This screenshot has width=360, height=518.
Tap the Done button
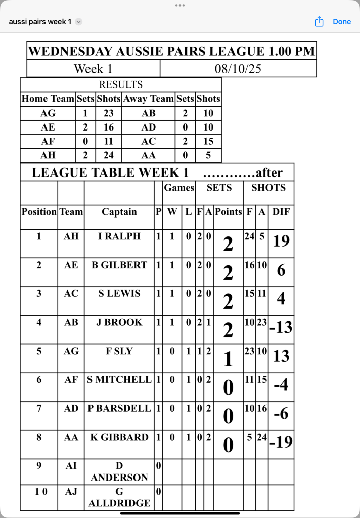[342, 22]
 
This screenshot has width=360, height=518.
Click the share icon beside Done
[319, 22]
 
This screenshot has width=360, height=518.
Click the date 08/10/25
[238, 69]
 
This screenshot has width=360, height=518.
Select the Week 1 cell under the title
[93, 69]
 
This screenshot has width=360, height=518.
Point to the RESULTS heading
[121, 84]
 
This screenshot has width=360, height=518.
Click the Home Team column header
[48, 99]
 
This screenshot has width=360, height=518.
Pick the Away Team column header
[149, 99]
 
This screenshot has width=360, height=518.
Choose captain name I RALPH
[119, 236]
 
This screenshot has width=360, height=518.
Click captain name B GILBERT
[119, 265]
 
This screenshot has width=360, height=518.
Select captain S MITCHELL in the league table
[119, 379]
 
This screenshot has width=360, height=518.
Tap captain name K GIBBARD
[119, 437]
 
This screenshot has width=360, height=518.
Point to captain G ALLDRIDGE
[119, 497]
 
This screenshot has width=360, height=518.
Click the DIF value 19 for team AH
[281, 241]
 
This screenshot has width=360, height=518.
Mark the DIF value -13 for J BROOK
[281, 327]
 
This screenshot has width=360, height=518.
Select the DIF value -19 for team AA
[281, 442]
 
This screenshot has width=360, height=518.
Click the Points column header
[229, 212]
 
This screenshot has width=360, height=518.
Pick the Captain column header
[119, 212]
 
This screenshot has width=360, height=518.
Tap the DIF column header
[281, 212]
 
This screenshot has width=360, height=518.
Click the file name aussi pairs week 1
[40, 22]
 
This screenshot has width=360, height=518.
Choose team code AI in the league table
[71, 466]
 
